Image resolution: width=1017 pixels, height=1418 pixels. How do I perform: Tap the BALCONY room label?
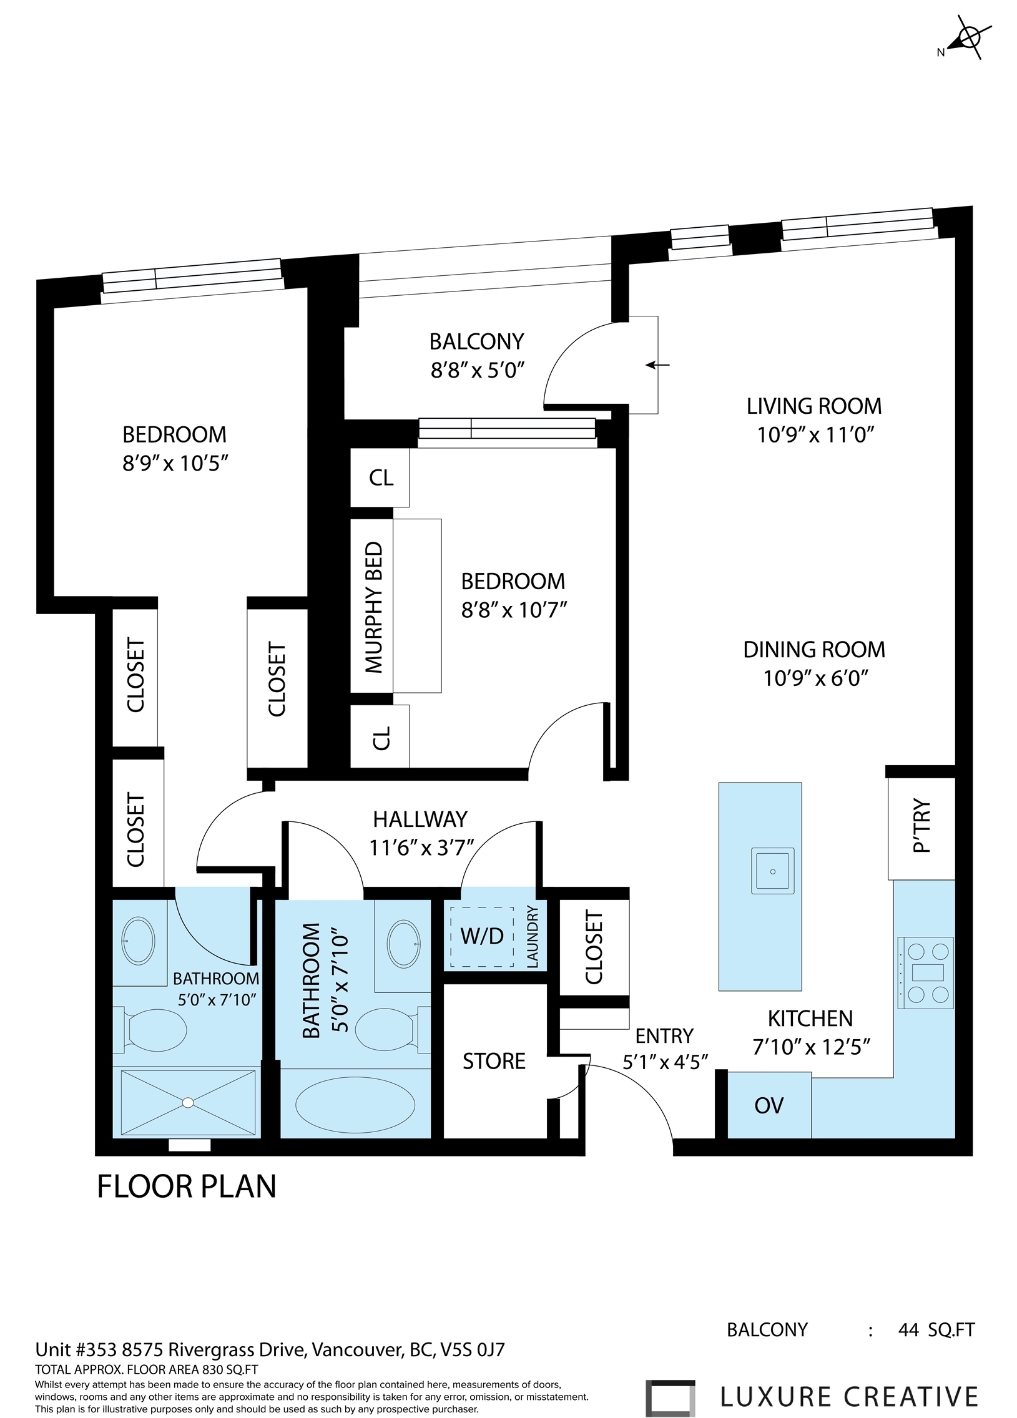(x=476, y=341)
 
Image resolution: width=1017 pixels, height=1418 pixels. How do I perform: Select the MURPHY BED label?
(x=373, y=607)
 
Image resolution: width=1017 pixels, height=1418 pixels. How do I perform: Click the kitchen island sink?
(x=773, y=871)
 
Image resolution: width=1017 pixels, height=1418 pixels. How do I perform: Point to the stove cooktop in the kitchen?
(x=926, y=972)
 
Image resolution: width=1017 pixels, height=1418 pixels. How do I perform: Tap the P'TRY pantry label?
(x=922, y=826)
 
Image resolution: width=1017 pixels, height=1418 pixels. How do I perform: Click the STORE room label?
(x=493, y=1061)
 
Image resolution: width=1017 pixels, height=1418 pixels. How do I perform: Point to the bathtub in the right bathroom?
(x=355, y=1106)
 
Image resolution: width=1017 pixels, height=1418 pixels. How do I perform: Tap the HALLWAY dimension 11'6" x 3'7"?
(x=420, y=848)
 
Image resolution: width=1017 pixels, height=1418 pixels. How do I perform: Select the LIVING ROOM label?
(x=813, y=406)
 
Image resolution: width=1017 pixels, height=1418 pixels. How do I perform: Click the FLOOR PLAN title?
(x=187, y=1186)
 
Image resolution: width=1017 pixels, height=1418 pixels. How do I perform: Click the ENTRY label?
(x=664, y=1037)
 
